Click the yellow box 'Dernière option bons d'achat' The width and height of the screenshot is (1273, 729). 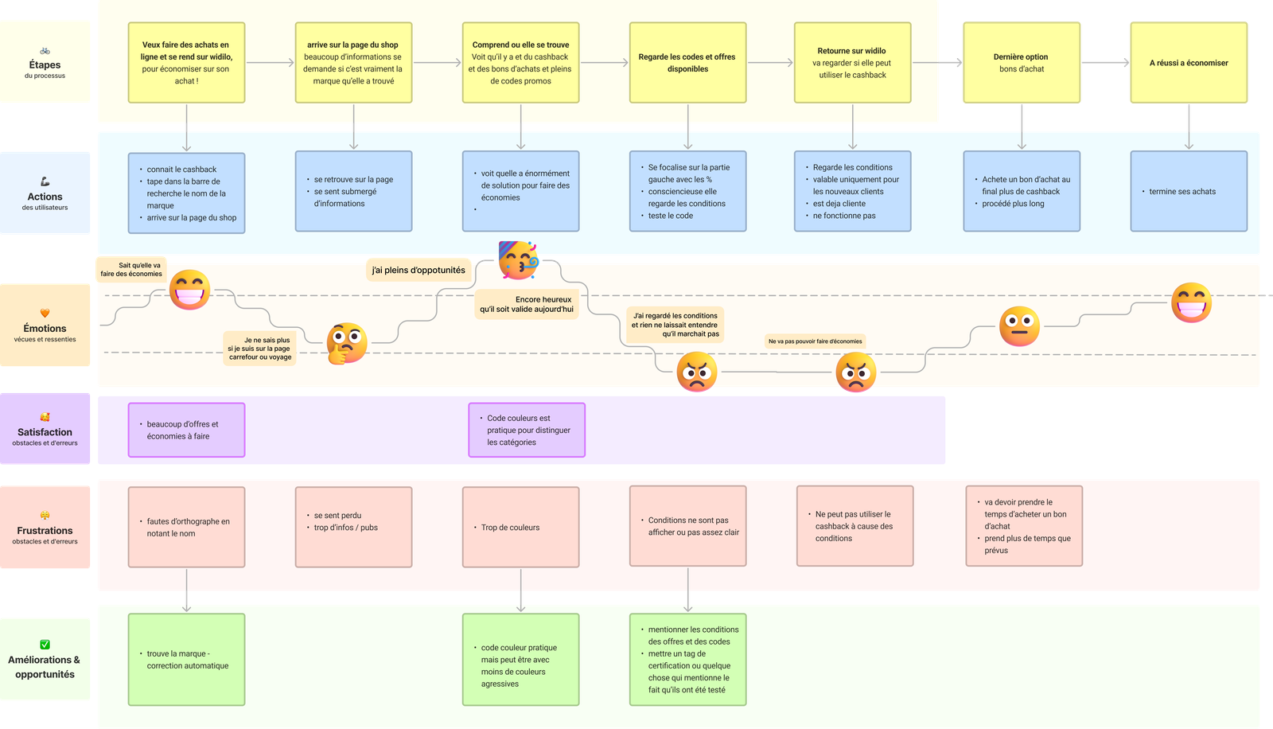[1021, 63]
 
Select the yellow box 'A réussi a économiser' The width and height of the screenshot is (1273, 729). [1189, 63]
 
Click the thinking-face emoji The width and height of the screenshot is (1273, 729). [347, 343]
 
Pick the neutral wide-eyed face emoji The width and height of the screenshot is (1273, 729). [1019, 326]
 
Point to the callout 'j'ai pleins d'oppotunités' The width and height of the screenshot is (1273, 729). [418, 271]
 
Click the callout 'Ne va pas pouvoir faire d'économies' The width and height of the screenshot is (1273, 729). [815, 341]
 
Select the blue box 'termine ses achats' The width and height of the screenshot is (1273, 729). [1189, 192]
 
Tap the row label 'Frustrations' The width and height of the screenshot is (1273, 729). [45, 531]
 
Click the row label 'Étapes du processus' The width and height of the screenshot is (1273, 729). [45, 64]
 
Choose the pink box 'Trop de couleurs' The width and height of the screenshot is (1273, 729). [520, 528]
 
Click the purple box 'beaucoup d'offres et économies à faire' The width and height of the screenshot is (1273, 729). [186, 431]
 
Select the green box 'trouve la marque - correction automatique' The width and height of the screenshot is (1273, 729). [186, 660]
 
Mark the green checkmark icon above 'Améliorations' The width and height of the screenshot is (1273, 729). [45, 645]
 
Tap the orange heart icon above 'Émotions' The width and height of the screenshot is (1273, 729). [45, 313]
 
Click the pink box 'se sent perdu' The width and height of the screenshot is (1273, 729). [353, 528]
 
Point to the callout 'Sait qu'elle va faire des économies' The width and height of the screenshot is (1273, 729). [131, 270]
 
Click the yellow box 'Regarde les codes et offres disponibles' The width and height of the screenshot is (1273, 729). [687, 63]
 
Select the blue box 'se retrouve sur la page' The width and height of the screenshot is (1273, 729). [353, 192]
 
